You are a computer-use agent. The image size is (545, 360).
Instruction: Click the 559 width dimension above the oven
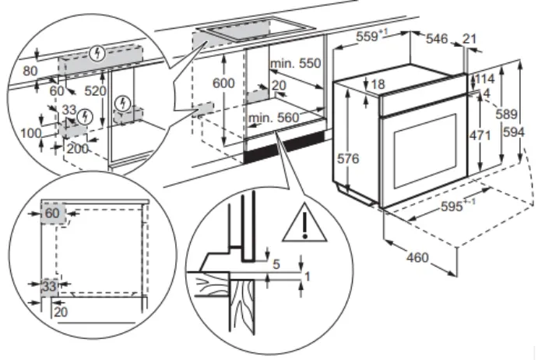click(371, 37)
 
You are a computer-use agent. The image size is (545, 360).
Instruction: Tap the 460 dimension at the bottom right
click(417, 257)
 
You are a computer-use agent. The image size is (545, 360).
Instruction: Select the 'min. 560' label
click(274, 118)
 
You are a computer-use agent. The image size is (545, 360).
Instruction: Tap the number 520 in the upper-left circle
click(96, 91)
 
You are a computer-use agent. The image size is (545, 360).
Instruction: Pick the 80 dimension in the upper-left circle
click(30, 69)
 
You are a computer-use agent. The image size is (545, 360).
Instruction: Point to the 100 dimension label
click(32, 133)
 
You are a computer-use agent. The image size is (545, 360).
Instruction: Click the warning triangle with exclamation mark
click(304, 226)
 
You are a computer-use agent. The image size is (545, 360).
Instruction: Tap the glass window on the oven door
click(424, 149)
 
